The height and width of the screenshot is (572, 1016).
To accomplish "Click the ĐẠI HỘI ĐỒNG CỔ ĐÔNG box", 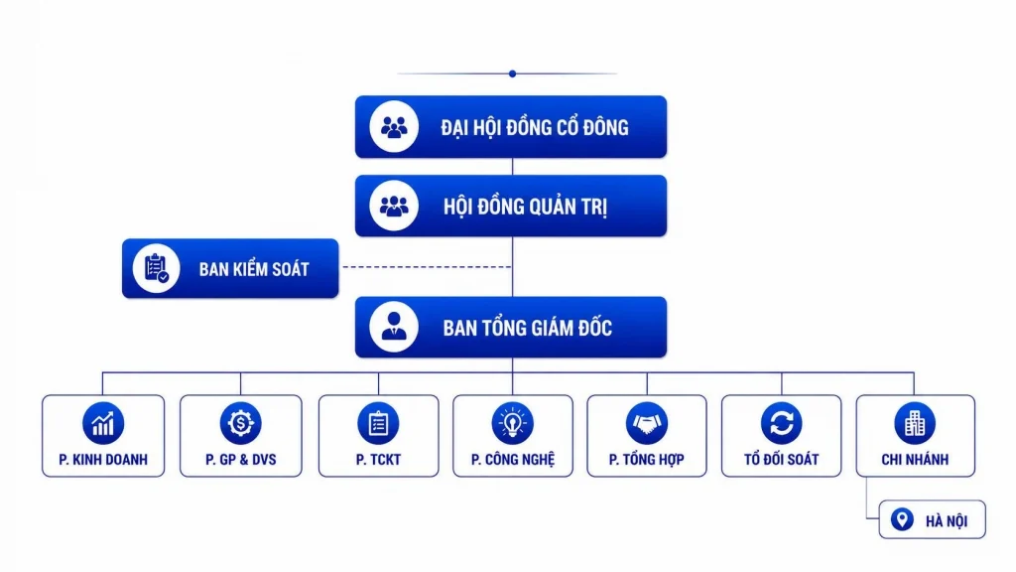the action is (511, 127).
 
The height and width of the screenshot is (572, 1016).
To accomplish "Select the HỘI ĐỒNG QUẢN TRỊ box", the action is (511, 206).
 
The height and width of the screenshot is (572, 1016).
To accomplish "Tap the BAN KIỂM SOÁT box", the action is (230, 268).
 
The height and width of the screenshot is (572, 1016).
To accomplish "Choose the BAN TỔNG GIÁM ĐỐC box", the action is (511, 327).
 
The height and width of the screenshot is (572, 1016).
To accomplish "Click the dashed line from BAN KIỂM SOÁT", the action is (427, 266).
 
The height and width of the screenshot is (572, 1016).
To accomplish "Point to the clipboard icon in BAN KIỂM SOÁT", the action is (156, 268).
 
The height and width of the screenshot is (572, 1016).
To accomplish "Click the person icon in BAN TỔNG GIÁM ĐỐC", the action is (394, 327).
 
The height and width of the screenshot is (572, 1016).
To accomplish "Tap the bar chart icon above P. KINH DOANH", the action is (103, 423).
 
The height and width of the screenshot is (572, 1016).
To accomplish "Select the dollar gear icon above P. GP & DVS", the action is (240, 423).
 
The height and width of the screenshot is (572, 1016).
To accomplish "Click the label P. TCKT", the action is (378, 460).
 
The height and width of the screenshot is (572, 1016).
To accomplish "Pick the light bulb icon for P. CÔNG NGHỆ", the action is (513, 423).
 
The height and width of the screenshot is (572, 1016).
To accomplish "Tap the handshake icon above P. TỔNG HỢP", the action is (647, 423).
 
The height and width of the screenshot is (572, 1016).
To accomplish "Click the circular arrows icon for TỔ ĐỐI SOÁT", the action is (782, 423).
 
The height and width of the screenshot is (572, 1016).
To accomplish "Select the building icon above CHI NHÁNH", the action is (915, 423).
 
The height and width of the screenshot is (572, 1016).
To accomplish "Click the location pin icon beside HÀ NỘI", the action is (902, 519).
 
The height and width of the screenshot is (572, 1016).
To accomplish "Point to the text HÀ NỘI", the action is (947, 520).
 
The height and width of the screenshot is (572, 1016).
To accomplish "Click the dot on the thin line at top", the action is (513, 73).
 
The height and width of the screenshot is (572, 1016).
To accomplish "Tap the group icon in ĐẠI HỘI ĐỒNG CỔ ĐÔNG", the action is (394, 127).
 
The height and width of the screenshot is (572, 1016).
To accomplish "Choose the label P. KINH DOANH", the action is (103, 460).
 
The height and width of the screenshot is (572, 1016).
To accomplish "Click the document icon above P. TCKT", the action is (378, 423).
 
